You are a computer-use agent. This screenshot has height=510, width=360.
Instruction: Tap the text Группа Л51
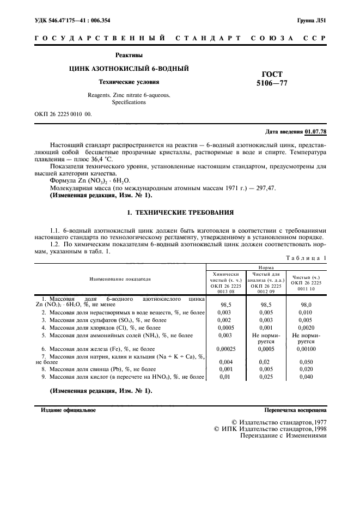[311, 21]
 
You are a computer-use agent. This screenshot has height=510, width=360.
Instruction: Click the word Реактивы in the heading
[129, 55]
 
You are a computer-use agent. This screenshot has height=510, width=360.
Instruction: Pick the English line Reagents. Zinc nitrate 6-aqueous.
[129, 95]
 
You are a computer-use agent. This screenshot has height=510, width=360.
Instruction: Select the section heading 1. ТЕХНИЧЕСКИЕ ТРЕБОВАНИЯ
[180, 212]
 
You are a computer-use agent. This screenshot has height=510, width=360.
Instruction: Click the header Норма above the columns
[266, 268]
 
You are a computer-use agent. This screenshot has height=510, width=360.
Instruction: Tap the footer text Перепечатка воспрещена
[295, 409]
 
